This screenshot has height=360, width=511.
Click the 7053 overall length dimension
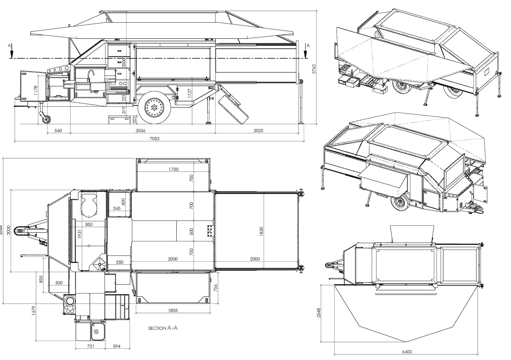coord(155,139)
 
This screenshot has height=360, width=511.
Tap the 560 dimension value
coord(58,131)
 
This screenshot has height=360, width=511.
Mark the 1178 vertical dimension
coord(36,91)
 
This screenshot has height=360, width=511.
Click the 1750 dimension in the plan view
coord(173,169)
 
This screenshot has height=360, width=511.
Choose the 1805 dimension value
coord(173,310)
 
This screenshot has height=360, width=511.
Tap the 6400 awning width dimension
coord(407,351)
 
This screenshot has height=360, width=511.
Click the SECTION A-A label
coord(163,328)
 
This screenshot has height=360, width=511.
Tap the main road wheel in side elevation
coord(155,108)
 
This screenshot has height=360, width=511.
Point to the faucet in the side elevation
coord(91,74)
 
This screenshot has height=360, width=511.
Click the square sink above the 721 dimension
coord(96,331)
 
